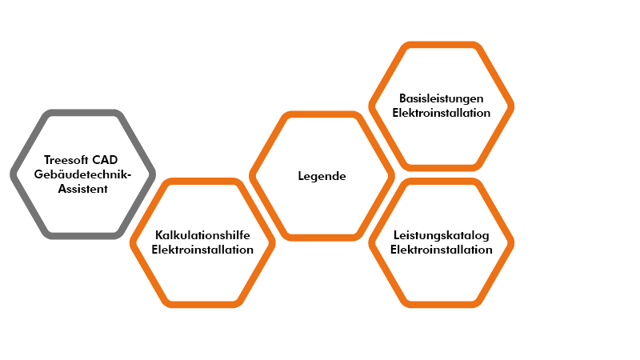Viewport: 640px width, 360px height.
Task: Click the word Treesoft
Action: [66, 159]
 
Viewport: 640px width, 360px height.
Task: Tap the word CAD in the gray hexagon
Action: [105, 159]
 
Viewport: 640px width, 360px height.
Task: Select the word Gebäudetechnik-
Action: [82, 174]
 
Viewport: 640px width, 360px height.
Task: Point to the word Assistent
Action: [83, 189]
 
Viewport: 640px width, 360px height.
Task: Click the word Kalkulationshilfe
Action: [202, 235]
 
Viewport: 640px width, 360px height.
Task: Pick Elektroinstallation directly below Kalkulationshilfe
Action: [202, 250]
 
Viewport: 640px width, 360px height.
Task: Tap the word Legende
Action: [322, 176]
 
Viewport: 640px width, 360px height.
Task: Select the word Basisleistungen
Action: [442, 98]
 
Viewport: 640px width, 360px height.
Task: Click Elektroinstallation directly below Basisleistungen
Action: [442, 113]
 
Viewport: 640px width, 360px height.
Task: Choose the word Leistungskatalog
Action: [442, 235]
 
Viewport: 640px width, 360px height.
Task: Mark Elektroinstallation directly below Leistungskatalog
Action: [442, 250]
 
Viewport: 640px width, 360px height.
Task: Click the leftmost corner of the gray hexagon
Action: [10, 174]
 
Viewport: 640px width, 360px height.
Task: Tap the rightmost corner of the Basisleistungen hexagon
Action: [514, 106]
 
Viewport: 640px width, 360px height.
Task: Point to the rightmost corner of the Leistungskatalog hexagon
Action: [514, 243]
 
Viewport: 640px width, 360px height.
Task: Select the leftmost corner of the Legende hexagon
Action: [250, 176]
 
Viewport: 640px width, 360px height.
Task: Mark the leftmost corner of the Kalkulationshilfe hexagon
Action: [130, 243]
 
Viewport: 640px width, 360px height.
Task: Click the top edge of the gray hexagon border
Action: [83, 112]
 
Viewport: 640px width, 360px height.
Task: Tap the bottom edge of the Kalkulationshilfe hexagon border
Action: [202, 305]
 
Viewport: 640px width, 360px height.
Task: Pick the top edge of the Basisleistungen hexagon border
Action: [442, 45]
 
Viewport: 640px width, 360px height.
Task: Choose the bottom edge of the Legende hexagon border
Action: [322, 238]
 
